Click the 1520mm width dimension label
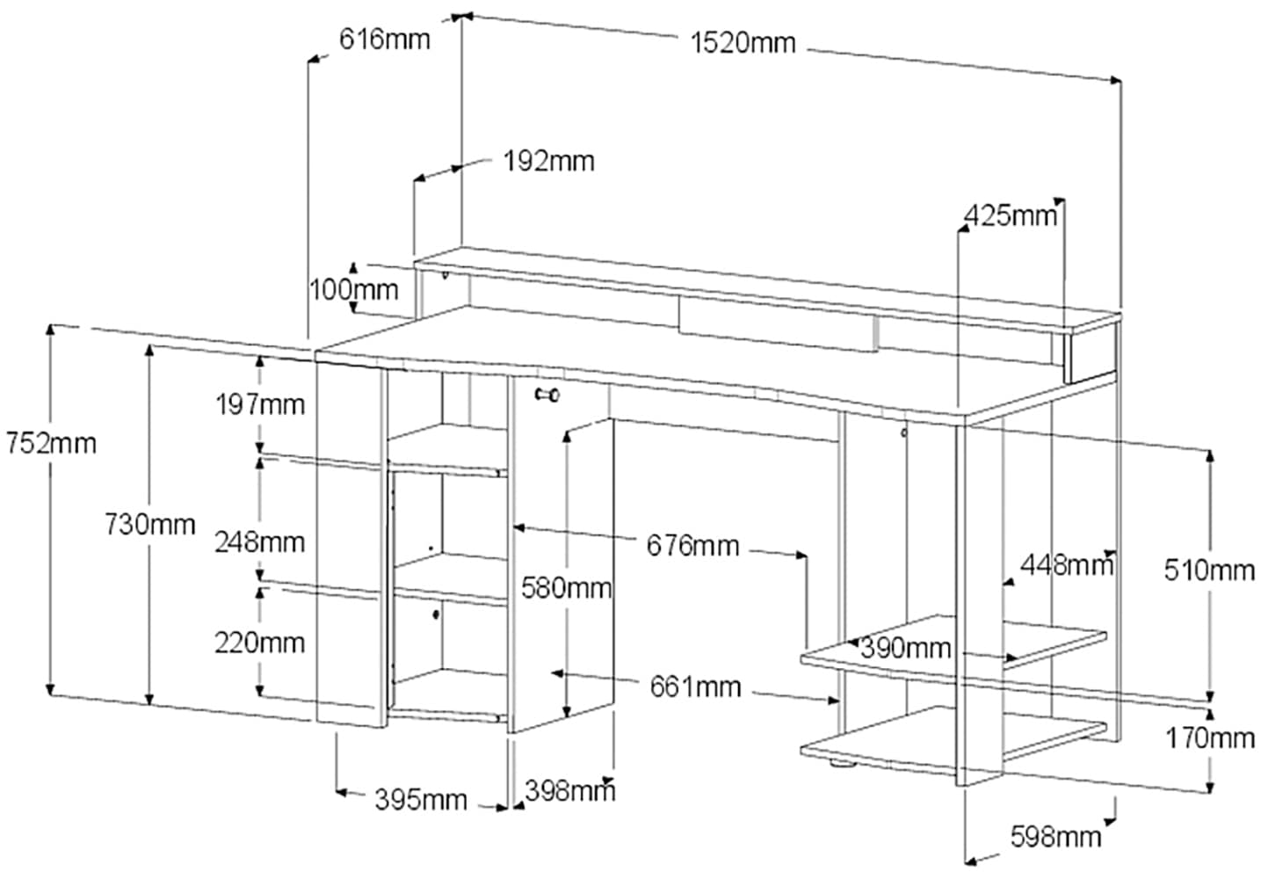click(x=743, y=42)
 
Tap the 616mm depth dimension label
click(x=385, y=40)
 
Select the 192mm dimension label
click(x=548, y=161)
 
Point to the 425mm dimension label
click(x=1011, y=214)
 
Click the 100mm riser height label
click(x=353, y=288)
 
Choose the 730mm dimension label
click(x=149, y=525)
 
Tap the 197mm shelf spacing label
click(x=260, y=404)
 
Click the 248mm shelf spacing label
click(x=260, y=541)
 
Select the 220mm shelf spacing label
click(x=260, y=643)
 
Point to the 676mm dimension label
click(x=692, y=546)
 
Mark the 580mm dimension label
click(x=566, y=586)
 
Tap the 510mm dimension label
click(x=1209, y=570)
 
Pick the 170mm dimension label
click(x=1210, y=738)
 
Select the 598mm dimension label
click(x=1055, y=836)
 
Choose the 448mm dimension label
click(x=1066, y=565)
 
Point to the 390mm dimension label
click(x=905, y=649)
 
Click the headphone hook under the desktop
click(x=547, y=395)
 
